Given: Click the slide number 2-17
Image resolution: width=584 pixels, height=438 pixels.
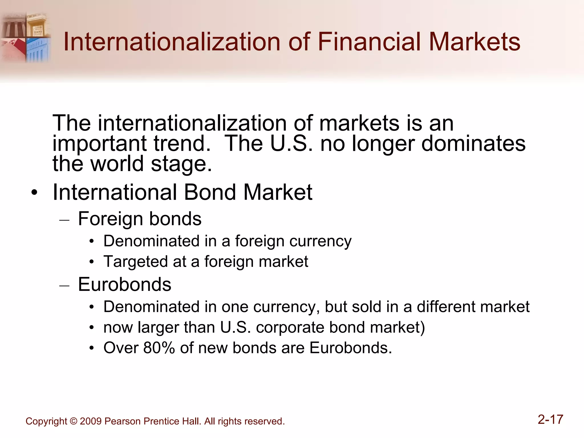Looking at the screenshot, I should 550,419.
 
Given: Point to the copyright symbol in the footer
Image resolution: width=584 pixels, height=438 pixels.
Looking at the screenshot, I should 73,421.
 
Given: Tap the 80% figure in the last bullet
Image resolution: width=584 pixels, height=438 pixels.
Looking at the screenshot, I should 159,348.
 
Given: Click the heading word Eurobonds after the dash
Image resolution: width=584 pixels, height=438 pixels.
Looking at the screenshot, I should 125,284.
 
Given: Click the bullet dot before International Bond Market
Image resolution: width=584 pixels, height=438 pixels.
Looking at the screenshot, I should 35,193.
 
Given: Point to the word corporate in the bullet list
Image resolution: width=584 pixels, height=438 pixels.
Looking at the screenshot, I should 290,327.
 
